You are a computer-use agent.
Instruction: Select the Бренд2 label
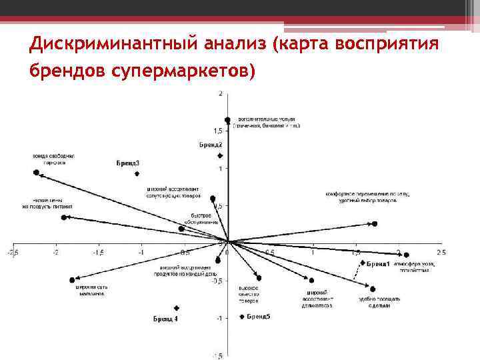pos(211,145)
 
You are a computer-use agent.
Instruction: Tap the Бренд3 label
pos(127,163)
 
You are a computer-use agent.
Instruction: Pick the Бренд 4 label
pos(165,319)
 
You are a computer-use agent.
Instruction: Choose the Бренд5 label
pos(259,316)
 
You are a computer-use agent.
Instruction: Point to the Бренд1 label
pos(378,264)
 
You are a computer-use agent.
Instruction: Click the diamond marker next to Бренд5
pos(242,317)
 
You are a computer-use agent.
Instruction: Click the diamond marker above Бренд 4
pos(177,308)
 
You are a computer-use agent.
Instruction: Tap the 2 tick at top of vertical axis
pos(221,93)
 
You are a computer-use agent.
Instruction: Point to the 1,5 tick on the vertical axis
pos(218,131)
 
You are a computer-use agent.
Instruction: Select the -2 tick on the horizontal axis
pos(56,253)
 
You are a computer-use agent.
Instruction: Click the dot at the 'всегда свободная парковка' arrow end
pos(37,173)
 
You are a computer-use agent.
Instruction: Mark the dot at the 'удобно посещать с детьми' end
pos(373,289)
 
